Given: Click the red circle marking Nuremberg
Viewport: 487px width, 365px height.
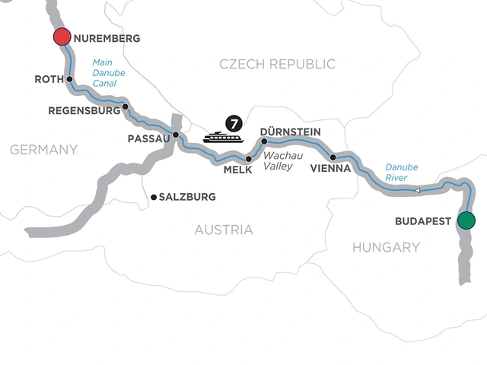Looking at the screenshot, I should click(x=62, y=38).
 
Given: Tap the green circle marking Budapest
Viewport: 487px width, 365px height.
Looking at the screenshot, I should click(x=466, y=221).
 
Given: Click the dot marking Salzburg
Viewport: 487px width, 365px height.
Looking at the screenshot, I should click(x=154, y=197).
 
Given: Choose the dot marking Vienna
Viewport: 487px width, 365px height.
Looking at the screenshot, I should click(x=333, y=157).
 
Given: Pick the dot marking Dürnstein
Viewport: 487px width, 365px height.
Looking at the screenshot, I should click(x=264, y=141).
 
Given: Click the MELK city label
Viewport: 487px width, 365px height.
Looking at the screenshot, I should click(x=237, y=171).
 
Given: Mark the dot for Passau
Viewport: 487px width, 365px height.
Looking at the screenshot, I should click(x=176, y=135).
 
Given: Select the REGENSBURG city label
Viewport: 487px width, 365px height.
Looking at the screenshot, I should click(x=84, y=110).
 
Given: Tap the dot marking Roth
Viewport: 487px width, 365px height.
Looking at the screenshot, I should click(x=69, y=79).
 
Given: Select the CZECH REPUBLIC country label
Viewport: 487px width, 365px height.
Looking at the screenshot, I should click(x=277, y=65).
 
